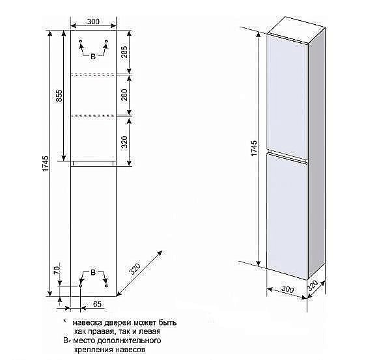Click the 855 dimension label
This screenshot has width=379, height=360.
click(59, 96)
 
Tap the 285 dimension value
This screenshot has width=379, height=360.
click(124, 52)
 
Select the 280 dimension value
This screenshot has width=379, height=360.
click(124, 95)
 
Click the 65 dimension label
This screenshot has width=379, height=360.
click(97, 304)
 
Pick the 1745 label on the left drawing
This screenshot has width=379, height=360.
click(46, 164)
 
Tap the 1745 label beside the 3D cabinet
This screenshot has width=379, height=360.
click(254, 148)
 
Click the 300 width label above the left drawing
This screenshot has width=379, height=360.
click(93, 21)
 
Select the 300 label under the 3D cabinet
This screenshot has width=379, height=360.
click(288, 289)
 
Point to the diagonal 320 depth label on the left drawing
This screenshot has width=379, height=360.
click(135, 269)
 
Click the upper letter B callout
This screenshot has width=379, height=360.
click(93, 57)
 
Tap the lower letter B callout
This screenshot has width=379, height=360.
click(93, 273)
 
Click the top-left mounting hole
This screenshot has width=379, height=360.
click(81, 41)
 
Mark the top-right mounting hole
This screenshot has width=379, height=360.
click(106, 41)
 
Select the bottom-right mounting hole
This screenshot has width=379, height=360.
click(106, 286)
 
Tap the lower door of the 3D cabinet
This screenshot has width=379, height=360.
click(287, 215)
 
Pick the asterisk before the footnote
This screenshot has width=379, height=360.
click(64, 321)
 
